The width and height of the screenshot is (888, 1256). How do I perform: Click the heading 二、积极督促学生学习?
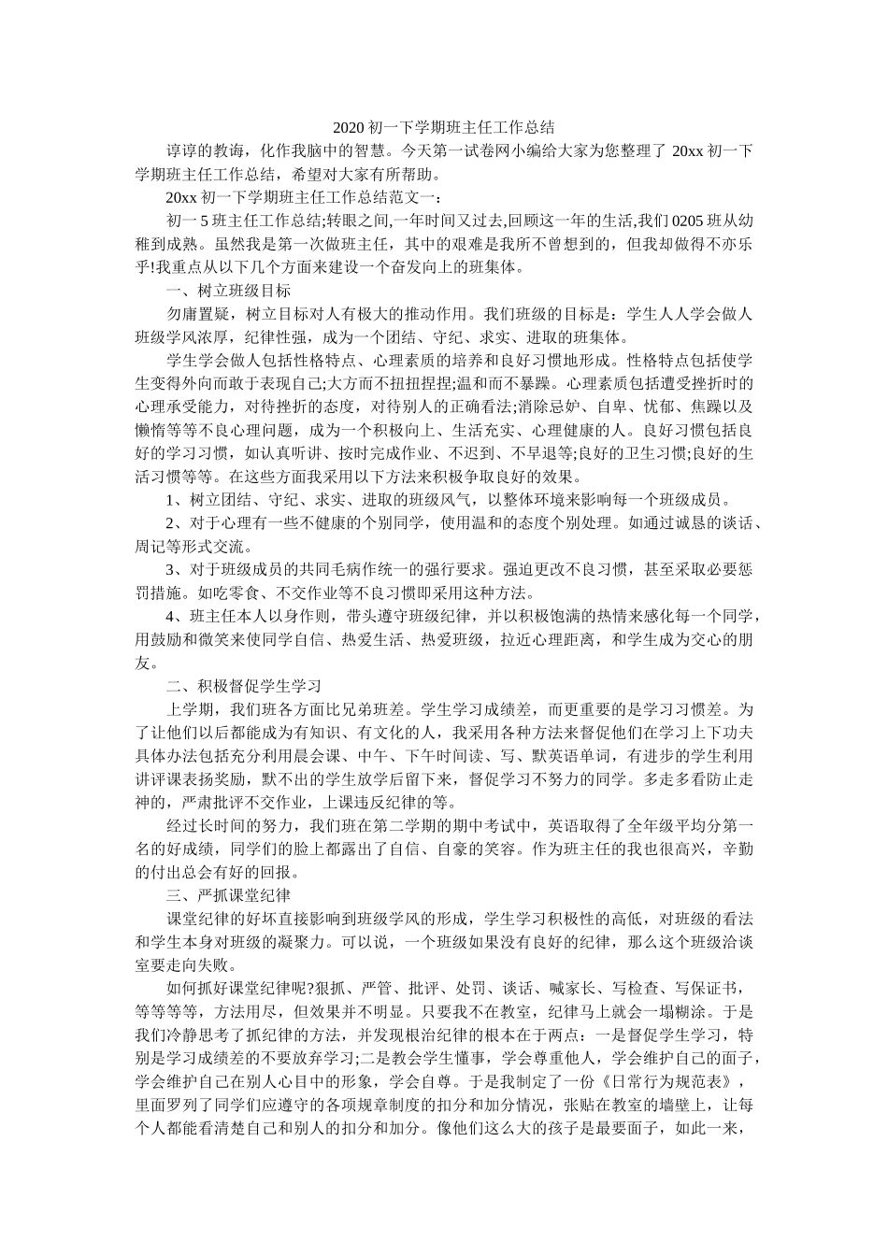[x=243, y=685]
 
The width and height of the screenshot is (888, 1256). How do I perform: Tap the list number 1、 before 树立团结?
[x=175, y=499]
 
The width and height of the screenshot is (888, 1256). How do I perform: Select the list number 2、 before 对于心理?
[x=175, y=523]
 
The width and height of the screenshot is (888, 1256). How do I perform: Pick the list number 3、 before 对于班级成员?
[x=175, y=570]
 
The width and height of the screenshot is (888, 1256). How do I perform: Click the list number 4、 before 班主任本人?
[x=175, y=616]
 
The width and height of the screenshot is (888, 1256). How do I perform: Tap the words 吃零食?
[x=236, y=592]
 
